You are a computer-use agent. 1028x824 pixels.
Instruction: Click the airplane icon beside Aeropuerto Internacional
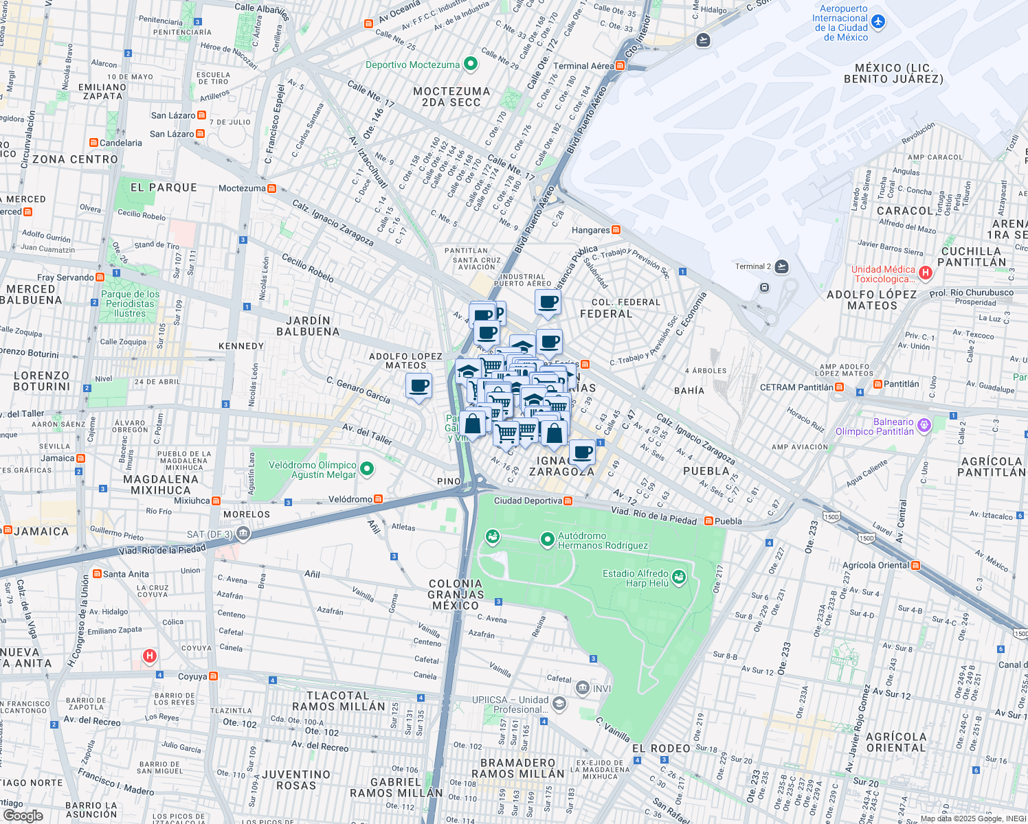click(x=878, y=22)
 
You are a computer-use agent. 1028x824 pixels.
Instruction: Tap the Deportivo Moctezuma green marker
click(x=471, y=65)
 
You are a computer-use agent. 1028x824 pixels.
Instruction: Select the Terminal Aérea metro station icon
click(x=621, y=66)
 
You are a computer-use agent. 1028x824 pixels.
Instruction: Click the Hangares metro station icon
click(x=616, y=230)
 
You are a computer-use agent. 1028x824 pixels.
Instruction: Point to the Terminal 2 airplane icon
click(x=781, y=266)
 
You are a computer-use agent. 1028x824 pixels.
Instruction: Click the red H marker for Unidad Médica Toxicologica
click(x=925, y=273)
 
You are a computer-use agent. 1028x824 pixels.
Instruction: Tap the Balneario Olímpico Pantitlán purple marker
click(x=924, y=426)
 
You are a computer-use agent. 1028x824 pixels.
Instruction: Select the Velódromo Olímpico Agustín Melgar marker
click(x=367, y=469)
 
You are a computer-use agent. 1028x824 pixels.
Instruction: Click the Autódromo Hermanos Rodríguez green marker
click(x=547, y=540)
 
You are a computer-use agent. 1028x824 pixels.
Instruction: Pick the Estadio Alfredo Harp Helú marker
click(x=679, y=577)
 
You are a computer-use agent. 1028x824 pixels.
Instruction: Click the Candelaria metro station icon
click(x=93, y=143)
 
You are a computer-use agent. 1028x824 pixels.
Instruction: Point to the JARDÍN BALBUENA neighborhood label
click(x=308, y=326)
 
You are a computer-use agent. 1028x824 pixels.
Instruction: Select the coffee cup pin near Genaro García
click(x=418, y=386)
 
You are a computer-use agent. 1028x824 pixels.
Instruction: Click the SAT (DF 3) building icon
click(x=243, y=534)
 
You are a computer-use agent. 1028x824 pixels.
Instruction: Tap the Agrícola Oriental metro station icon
click(x=915, y=565)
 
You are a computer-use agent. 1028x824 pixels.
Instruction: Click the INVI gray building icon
click(x=583, y=688)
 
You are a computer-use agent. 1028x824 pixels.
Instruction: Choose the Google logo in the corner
click(x=23, y=816)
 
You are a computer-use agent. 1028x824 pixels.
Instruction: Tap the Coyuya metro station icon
click(x=214, y=676)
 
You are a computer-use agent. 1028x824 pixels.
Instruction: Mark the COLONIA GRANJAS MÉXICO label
click(x=456, y=595)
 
